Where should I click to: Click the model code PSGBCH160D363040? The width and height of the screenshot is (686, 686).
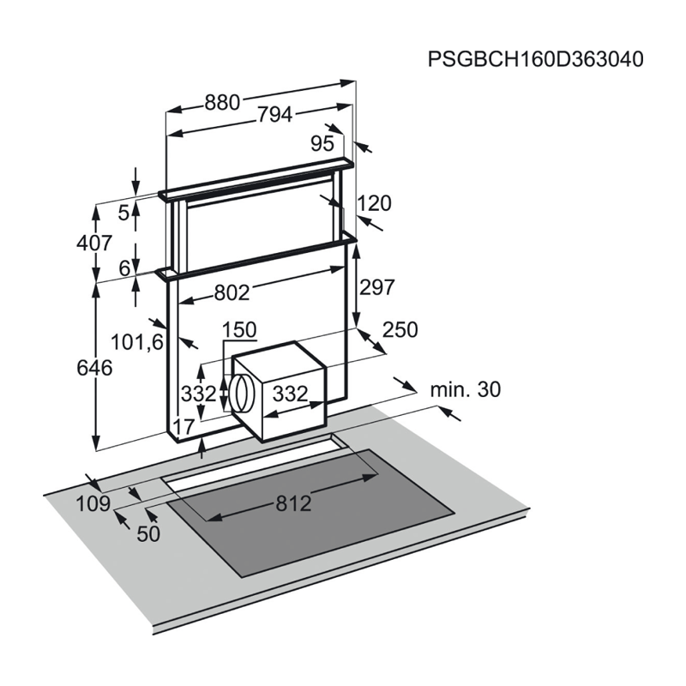(535, 59)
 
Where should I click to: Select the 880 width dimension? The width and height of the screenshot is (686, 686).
(223, 102)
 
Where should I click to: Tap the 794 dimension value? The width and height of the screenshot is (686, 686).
(274, 115)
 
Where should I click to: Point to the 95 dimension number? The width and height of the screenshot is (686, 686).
(322, 143)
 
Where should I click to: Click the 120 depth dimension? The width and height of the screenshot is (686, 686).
(374, 203)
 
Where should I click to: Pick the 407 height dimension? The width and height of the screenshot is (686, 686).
(94, 243)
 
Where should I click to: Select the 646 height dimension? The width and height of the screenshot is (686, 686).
(94, 368)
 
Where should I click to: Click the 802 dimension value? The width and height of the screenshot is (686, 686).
(232, 292)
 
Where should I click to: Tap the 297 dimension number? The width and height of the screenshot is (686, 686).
(377, 287)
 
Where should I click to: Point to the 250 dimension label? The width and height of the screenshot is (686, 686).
(400, 329)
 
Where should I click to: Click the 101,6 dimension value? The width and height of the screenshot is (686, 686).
(137, 341)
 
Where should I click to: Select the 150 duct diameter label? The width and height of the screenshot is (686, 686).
(239, 330)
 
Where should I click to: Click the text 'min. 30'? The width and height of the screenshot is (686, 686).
(466, 389)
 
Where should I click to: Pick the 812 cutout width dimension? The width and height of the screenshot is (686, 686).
(293, 503)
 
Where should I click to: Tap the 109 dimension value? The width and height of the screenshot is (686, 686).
(93, 503)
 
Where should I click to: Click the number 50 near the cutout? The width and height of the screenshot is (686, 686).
(148, 533)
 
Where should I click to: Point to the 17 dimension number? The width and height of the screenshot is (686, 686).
(184, 426)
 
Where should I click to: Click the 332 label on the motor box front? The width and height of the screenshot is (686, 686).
(291, 394)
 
